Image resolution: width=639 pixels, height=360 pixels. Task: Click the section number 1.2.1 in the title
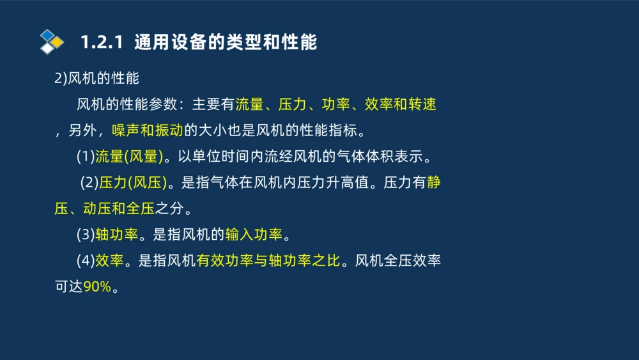(x=101, y=43)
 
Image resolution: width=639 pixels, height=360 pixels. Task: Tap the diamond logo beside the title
(x=52, y=42)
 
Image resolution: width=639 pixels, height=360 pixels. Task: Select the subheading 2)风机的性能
(x=96, y=78)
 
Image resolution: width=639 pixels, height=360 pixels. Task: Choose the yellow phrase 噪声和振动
(x=148, y=130)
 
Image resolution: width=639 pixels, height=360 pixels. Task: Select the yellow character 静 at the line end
(x=434, y=183)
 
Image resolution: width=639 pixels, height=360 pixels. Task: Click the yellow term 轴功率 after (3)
(x=117, y=235)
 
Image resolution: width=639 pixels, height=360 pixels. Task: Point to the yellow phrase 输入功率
(x=254, y=235)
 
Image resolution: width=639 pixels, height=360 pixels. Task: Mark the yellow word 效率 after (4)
(x=110, y=261)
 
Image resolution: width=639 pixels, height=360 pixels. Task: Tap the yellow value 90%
(x=97, y=287)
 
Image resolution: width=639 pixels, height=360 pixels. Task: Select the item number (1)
(x=86, y=157)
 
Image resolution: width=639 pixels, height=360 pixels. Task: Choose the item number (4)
(x=86, y=261)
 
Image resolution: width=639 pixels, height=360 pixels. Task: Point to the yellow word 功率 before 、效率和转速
(x=335, y=104)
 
